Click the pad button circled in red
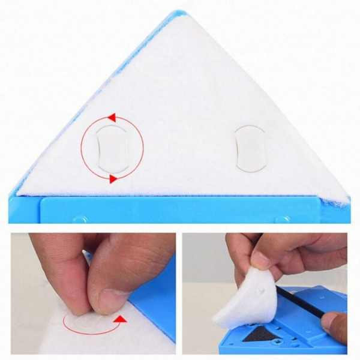click(x=112, y=148)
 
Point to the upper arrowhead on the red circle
click(x=111, y=118)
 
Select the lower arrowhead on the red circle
click(x=112, y=179)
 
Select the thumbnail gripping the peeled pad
click(x=259, y=259)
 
